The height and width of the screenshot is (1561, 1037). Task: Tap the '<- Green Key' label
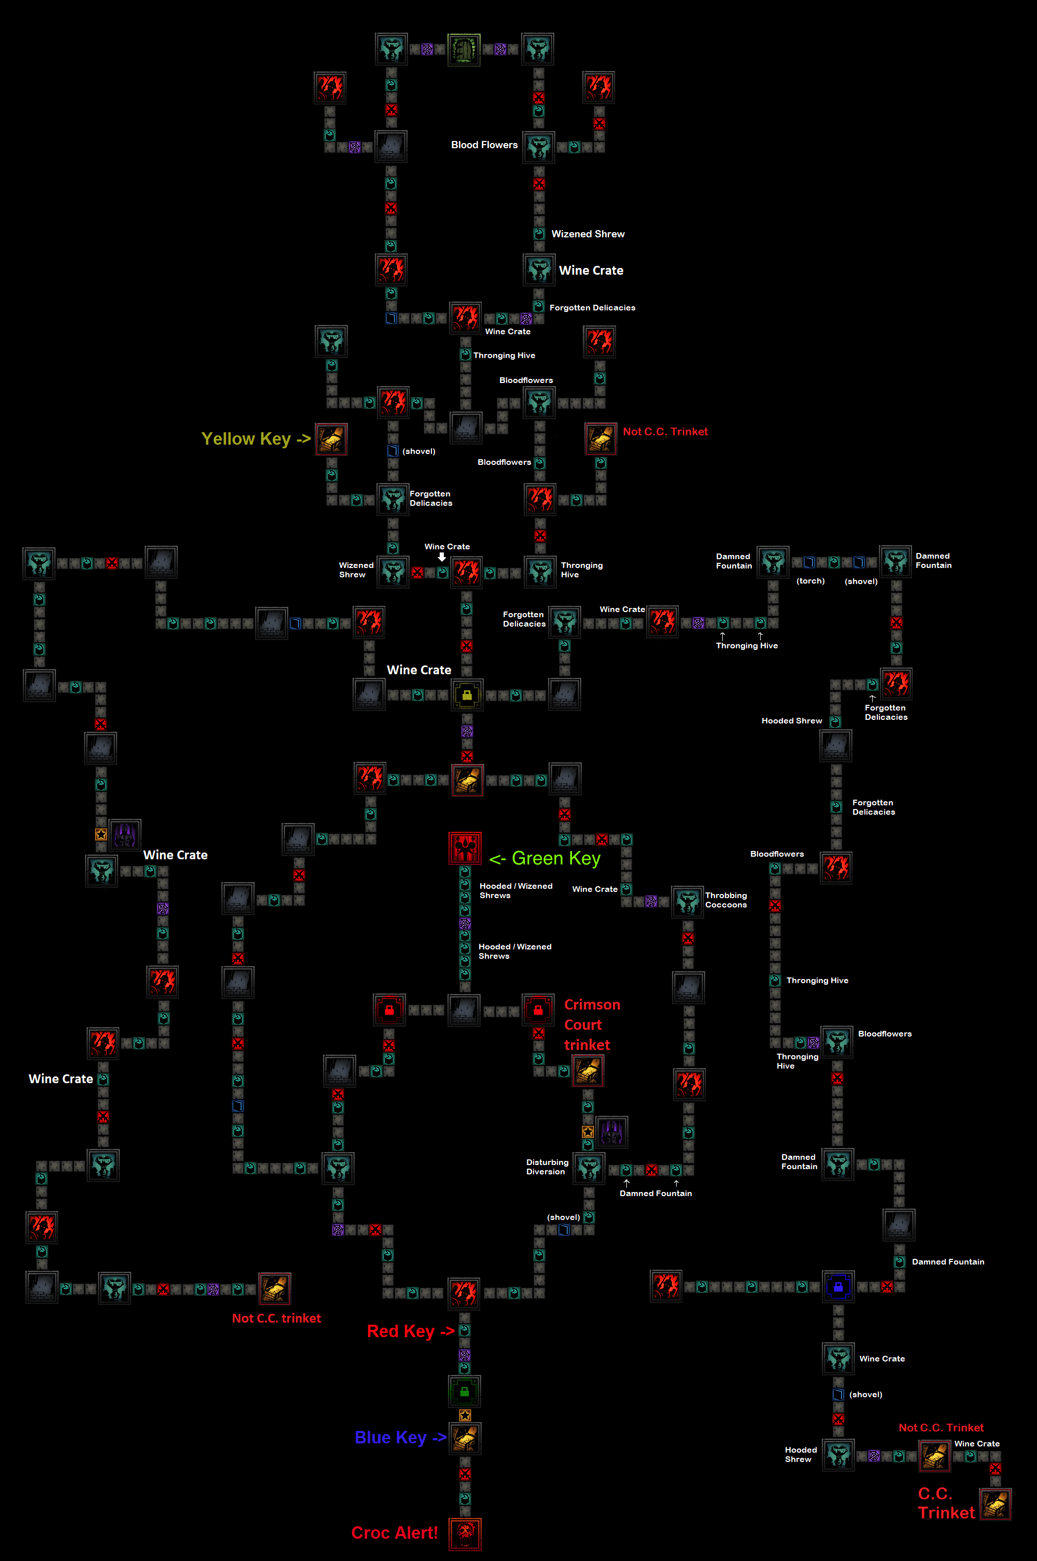click(x=544, y=858)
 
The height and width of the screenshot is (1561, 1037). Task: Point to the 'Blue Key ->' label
click(x=400, y=1438)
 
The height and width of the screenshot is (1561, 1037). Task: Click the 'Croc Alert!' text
click(x=395, y=1532)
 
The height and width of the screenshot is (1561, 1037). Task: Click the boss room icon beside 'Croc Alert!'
click(x=465, y=1534)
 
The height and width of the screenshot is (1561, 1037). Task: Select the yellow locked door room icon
click(x=467, y=694)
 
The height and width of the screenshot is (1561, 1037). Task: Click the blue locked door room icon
click(x=838, y=1286)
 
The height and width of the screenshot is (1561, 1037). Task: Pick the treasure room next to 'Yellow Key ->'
click(x=331, y=439)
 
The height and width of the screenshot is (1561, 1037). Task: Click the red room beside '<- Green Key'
click(x=465, y=848)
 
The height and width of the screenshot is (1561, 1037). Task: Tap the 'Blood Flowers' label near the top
click(x=484, y=145)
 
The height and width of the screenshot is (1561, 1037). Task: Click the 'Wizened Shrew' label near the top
click(x=588, y=234)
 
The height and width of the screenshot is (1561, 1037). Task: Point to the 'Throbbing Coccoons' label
click(x=726, y=900)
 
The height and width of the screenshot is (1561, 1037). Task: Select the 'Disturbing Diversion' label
click(x=547, y=1167)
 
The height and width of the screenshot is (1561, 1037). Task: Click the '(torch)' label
click(x=810, y=581)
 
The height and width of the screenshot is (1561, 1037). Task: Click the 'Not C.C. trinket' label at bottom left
click(x=276, y=1318)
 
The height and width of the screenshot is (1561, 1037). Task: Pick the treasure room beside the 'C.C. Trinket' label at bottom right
click(x=996, y=1504)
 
